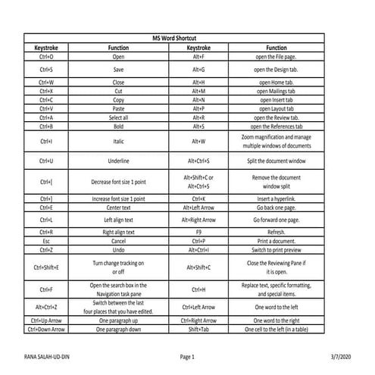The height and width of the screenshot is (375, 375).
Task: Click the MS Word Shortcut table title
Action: coord(187,37)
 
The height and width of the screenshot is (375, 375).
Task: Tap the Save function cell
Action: coord(118,69)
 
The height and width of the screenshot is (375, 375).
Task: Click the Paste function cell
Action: coord(118,109)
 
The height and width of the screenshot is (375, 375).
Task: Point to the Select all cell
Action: coord(118,118)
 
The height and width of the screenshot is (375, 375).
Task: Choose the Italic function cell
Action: coord(118,141)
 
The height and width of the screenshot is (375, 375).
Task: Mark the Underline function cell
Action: coord(118,161)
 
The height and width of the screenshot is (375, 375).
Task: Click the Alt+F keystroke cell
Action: coord(198,56)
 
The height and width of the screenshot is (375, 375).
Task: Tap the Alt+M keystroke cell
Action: coord(198,91)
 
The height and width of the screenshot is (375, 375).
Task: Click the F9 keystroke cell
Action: coord(198,232)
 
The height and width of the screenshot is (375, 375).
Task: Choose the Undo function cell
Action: coord(118,249)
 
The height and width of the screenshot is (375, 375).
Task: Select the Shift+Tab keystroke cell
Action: coord(198,330)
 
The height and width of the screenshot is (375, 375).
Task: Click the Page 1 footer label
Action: coord(187,356)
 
